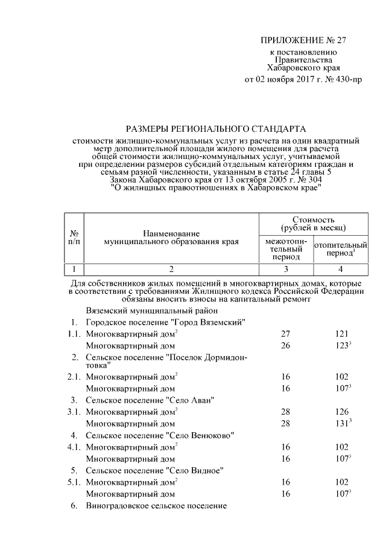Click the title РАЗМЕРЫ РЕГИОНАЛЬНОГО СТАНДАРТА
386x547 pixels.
(216, 129)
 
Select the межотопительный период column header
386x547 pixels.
(286, 249)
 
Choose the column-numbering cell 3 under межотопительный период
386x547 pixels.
(286, 269)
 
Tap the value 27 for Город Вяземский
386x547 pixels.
(286, 334)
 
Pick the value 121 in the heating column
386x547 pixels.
(341, 334)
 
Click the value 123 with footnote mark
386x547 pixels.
(343, 346)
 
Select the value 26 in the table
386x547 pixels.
(286, 346)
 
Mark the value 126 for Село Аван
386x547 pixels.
(341, 412)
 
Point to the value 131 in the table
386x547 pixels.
(343, 424)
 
